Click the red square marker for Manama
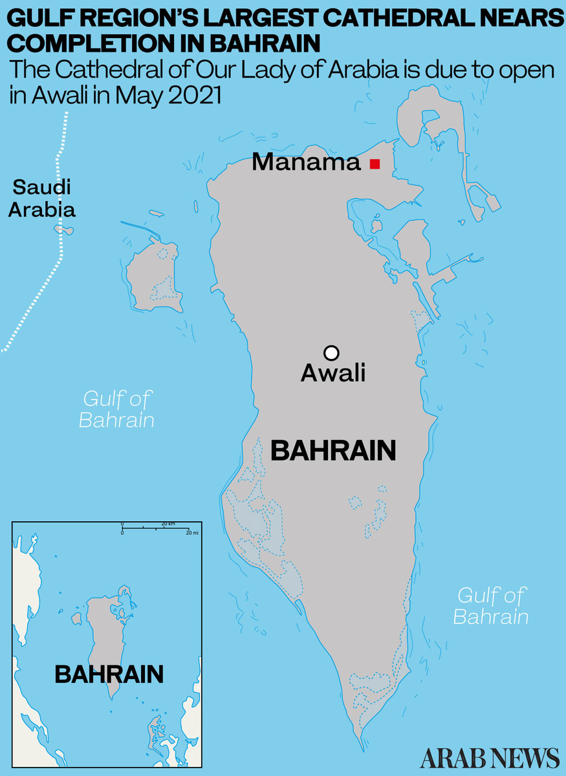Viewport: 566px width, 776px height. pyautogui.click(x=375, y=164)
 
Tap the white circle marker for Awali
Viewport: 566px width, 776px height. pyautogui.click(x=331, y=352)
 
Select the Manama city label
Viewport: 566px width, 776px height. pyautogui.click(x=305, y=162)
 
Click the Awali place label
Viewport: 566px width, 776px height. pyautogui.click(x=333, y=373)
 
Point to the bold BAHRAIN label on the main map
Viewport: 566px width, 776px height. pyautogui.click(x=333, y=451)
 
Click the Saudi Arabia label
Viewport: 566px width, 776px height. pyautogui.click(x=42, y=199)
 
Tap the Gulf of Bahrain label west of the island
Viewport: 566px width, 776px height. pyautogui.click(x=116, y=409)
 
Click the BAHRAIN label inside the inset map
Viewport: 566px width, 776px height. pyautogui.click(x=109, y=674)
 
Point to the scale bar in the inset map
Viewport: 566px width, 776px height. pyautogui.click(x=155, y=528)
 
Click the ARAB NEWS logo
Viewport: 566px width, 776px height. pyautogui.click(x=490, y=757)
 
